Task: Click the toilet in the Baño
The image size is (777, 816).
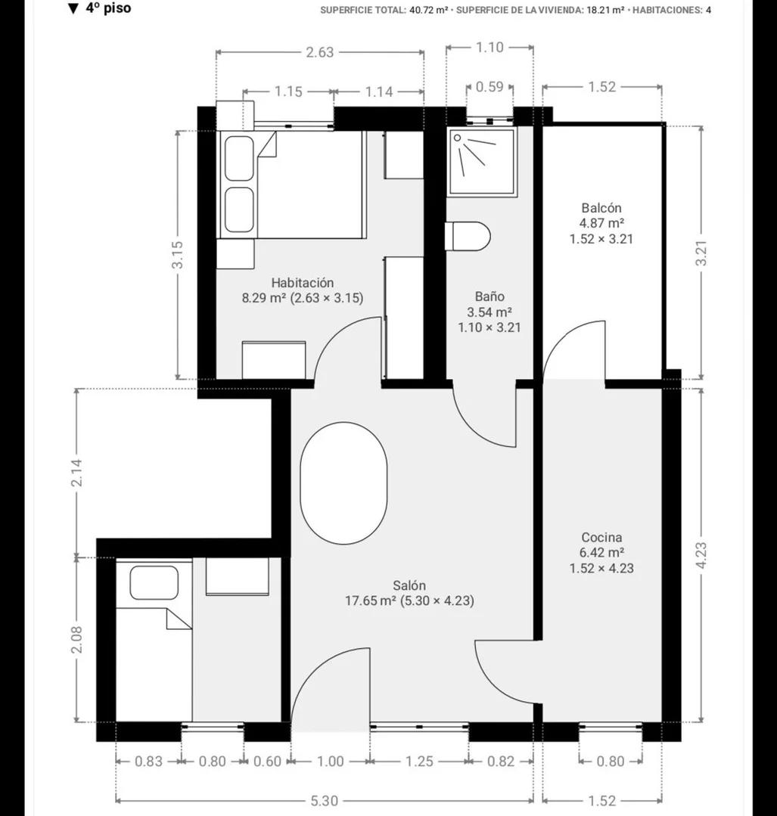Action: pyautogui.click(x=468, y=236)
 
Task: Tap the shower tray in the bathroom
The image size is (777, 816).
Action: pyautogui.click(x=482, y=162)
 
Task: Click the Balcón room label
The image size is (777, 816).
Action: pyautogui.click(x=601, y=208)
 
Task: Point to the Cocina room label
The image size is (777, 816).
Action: pyautogui.click(x=601, y=538)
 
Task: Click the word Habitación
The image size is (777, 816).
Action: pyautogui.click(x=302, y=283)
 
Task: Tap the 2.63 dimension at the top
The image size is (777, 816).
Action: pyautogui.click(x=319, y=52)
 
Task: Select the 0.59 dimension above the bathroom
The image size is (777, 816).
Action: pyautogui.click(x=490, y=86)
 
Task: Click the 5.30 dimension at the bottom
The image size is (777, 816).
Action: pyautogui.click(x=325, y=800)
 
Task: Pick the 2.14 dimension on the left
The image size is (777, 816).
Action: pyautogui.click(x=76, y=473)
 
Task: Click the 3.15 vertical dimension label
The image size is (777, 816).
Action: pyautogui.click(x=177, y=254)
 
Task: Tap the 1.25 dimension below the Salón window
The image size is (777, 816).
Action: pyautogui.click(x=419, y=762)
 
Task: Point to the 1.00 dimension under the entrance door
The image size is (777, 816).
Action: pyautogui.click(x=331, y=762)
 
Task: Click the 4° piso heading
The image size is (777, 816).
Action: pyautogui.click(x=100, y=8)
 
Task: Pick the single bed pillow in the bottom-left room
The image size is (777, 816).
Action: pyautogui.click(x=154, y=582)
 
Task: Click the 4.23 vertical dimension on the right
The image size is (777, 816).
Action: pyautogui.click(x=701, y=555)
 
